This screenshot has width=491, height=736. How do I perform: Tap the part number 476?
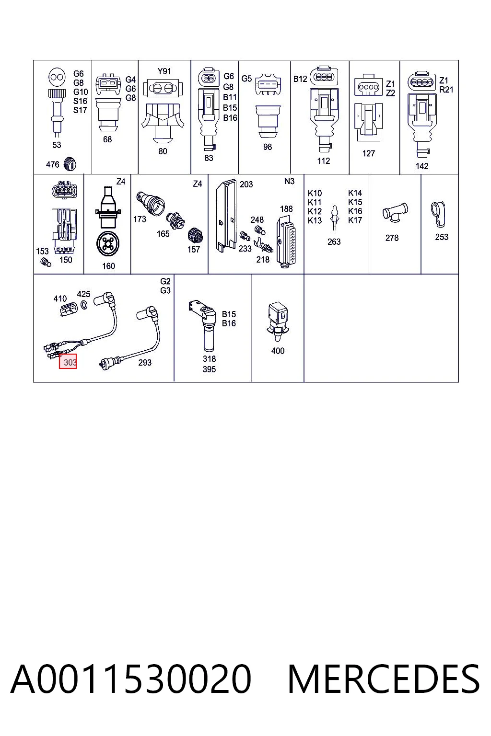53,164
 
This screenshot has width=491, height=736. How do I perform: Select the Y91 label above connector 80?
164,71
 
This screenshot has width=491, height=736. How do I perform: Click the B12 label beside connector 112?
300,79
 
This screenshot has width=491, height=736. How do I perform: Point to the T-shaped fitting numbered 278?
395,212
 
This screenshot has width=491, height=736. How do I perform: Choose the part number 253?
441,237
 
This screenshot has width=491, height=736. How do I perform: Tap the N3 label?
290,181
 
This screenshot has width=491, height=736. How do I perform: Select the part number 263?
334,242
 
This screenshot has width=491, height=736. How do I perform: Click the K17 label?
355,220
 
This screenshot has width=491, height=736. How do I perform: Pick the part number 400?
278,351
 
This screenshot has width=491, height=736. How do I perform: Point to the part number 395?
209,369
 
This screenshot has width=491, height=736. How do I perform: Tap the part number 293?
145,362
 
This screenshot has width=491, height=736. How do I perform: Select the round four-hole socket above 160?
108,244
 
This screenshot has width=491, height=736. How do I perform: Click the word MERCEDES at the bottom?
384,679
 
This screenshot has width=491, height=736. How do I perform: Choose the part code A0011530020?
131,679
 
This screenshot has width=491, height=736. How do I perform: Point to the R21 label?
446,90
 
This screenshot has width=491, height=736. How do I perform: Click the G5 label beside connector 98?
246,79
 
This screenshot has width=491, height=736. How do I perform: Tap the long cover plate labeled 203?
226,216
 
